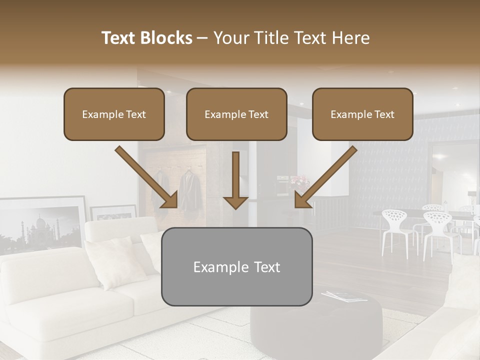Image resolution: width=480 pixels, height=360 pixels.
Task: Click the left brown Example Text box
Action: [114, 114]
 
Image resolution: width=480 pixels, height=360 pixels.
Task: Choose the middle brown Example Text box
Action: [236, 114]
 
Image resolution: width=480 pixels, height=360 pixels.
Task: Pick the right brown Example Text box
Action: [362, 114]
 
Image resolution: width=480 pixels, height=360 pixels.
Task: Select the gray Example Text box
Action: [236, 266]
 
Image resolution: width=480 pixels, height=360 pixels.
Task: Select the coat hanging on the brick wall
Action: [190, 192]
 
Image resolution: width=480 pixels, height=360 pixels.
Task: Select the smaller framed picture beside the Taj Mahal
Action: [112, 212]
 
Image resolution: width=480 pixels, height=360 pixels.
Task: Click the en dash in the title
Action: [202, 38]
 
